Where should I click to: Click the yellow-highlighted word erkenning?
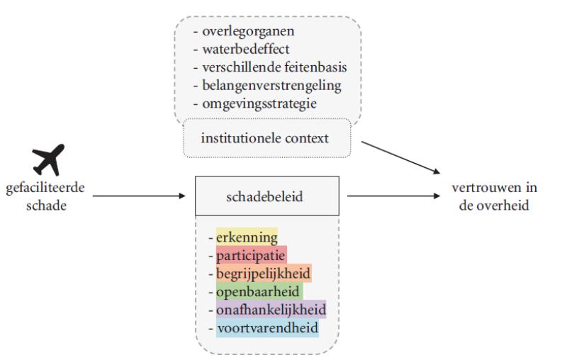[x=247, y=237]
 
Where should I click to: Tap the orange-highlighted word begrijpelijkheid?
[x=263, y=274]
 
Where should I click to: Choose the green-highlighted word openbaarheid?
[x=259, y=291]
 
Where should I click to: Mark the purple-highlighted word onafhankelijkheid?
[x=271, y=310]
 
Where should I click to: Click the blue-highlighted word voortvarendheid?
[x=266, y=328]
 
